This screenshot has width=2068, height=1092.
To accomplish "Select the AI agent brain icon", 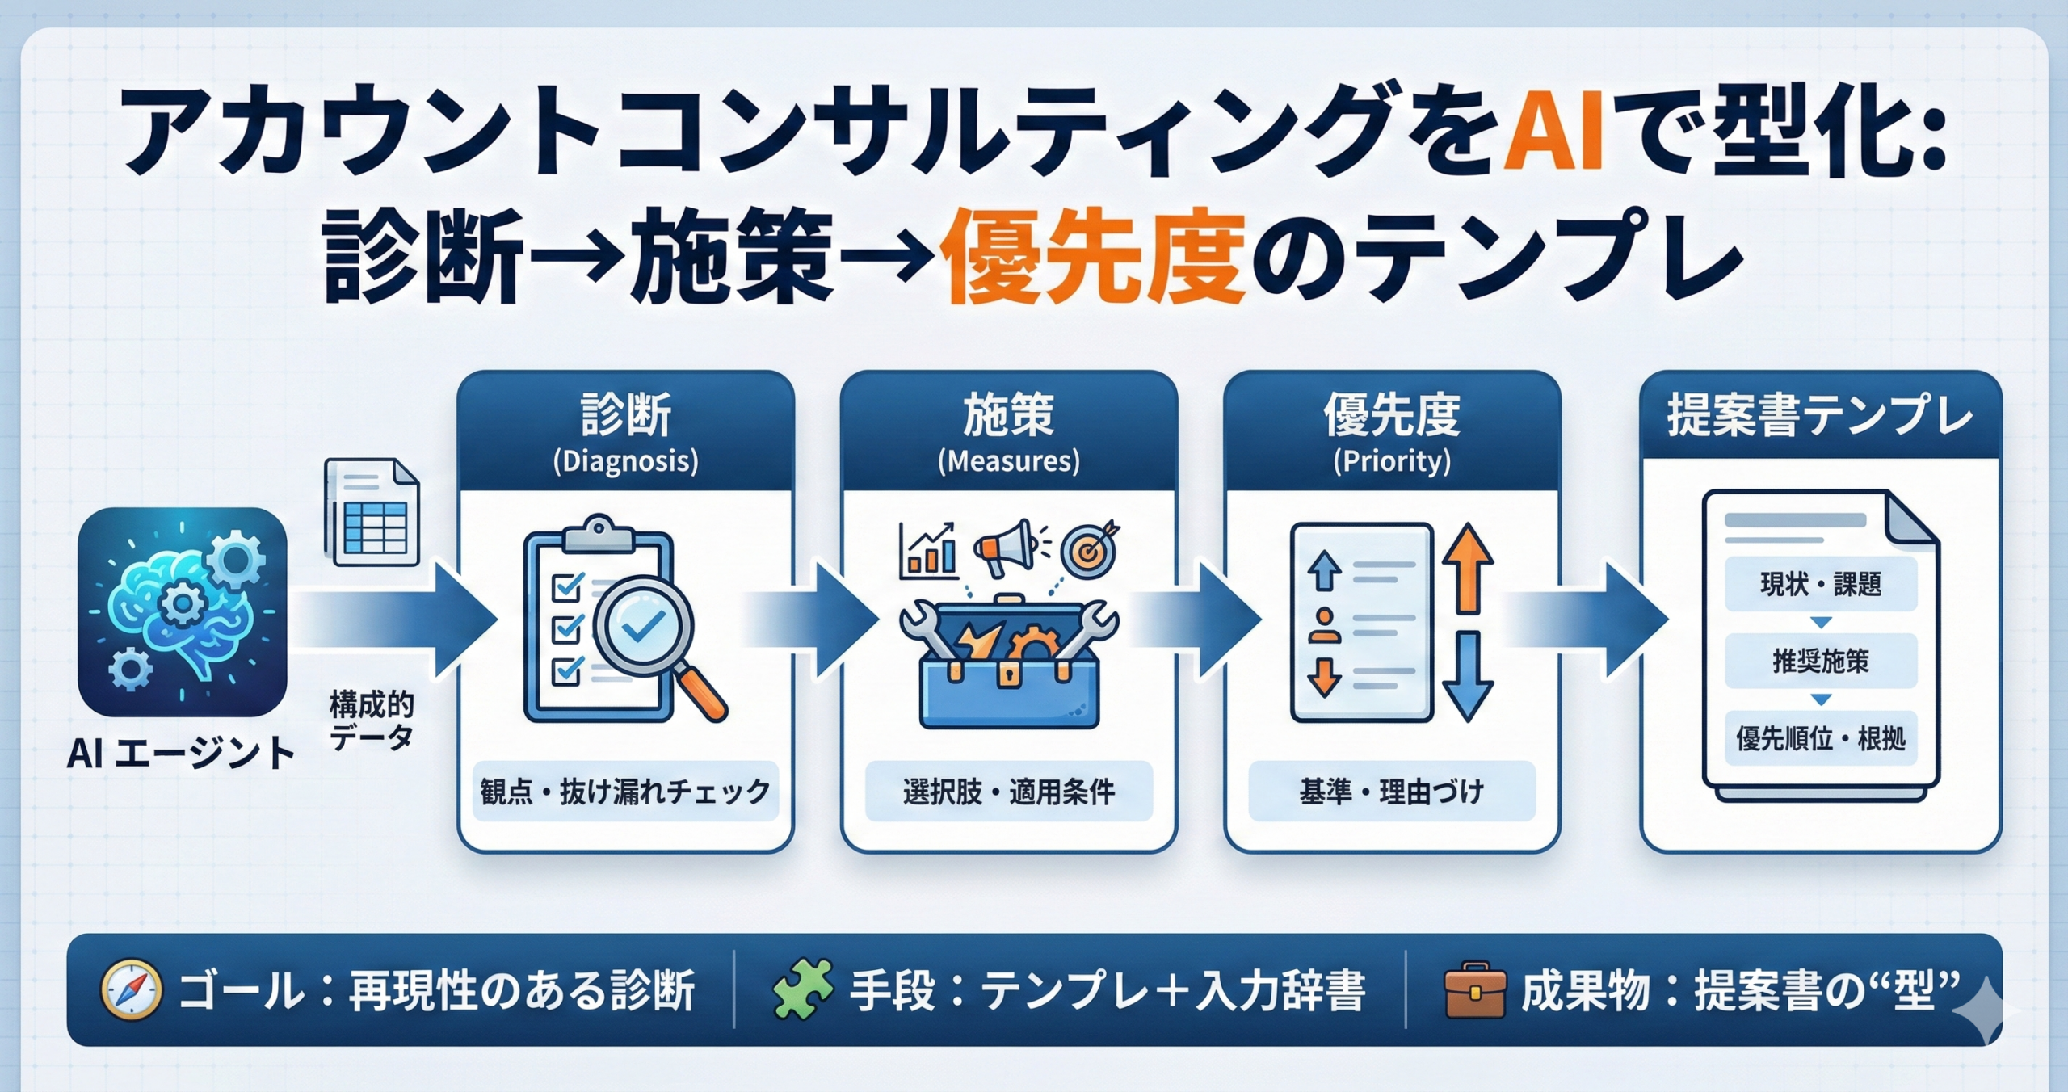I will [183, 611].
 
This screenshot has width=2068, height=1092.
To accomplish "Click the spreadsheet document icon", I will [372, 512].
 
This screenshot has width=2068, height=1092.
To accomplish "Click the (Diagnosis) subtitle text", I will [625, 461].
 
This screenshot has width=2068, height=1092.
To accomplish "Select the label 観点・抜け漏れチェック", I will [625, 792].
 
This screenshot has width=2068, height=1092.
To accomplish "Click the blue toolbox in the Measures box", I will [1009, 670].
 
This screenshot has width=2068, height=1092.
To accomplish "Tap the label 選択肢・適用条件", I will [1009, 792].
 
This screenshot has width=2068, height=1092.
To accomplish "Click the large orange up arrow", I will [1467, 567].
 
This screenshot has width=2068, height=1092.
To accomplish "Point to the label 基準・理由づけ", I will [1392, 792].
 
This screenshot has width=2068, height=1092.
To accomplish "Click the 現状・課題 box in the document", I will [1821, 584].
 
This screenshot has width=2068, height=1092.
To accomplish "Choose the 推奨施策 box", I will [1821, 661].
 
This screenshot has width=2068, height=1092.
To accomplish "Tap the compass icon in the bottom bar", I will [130, 989].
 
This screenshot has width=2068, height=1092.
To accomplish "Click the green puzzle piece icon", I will [801, 989].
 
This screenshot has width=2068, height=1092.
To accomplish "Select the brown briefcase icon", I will [1474, 989].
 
